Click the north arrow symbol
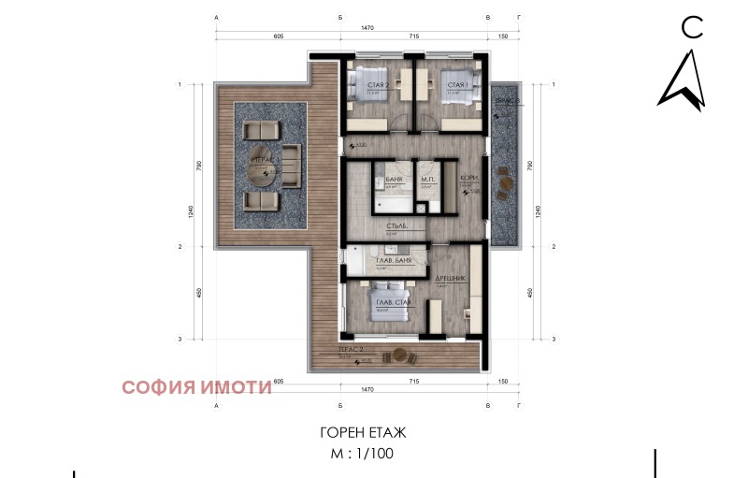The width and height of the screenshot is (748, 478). pos(681,80)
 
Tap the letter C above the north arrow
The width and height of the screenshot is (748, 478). pos(691,28)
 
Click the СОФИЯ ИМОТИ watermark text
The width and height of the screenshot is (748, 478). pos(196,385)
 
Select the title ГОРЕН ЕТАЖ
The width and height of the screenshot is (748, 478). pos(364,433)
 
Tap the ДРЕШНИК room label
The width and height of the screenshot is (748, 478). pos(452,278)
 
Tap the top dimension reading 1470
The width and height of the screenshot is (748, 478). pos(367,28)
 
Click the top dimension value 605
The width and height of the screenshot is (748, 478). pos(279,36)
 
